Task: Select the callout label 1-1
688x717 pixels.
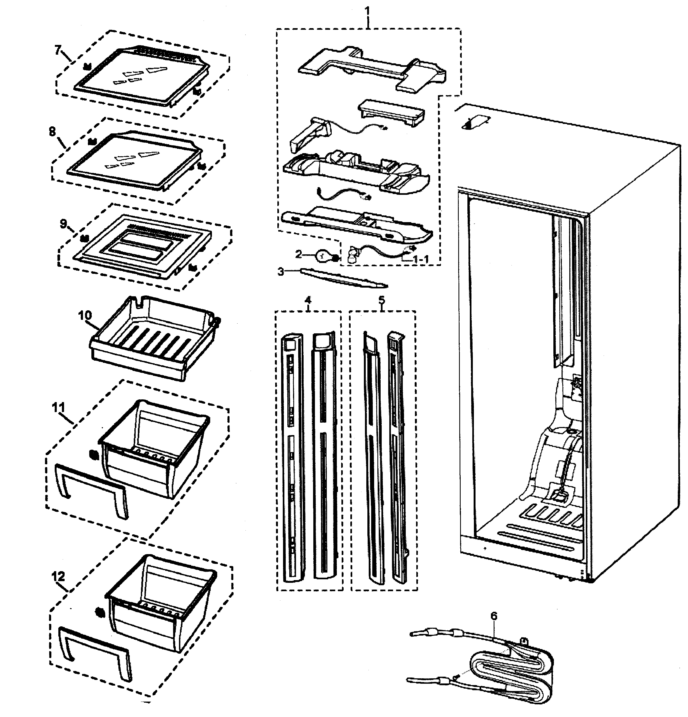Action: click(x=420, y=259)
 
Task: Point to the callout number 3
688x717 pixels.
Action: click(x=280, y=272)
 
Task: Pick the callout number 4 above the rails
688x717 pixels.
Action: click(x=308, y=300)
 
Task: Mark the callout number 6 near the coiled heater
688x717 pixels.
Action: click(x=494, y=616)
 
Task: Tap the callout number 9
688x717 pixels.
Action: click(x=63, y=223)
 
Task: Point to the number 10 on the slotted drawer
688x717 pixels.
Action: click(x=85, y=315)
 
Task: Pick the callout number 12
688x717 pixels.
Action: click(x=58, y=577)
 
